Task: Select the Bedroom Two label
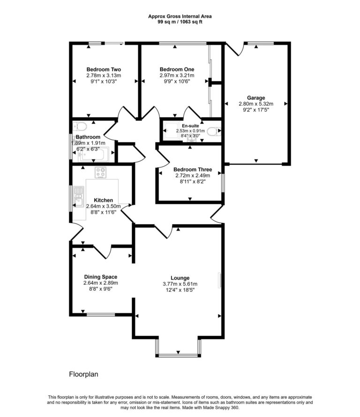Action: (x=103, y=69)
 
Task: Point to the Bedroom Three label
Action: (x=192, y=169)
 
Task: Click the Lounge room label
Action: (x=180, y=278)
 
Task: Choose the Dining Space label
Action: (x=100, y=277)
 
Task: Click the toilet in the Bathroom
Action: (x=80, y=127)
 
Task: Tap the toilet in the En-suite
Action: (x=214, y=131)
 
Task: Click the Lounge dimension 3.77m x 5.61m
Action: (x=180, y=284)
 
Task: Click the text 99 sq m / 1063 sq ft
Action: (x=180, y=22)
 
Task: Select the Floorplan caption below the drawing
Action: (x=83, y=374)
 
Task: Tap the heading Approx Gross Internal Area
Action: (x=180, y=16)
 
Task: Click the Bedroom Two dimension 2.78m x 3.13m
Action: (x=103, y=75)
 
